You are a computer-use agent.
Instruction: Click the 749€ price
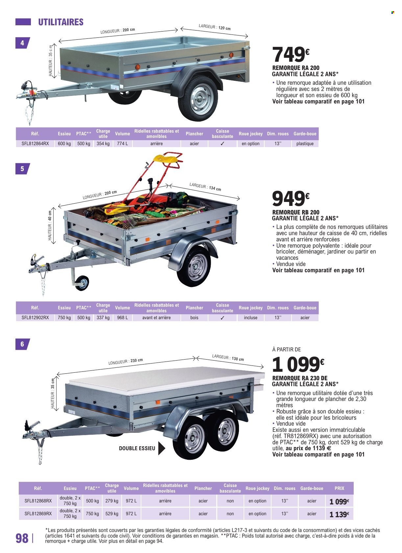pos(291,55)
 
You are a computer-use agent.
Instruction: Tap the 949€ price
pos(291,199)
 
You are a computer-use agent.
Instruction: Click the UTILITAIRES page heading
pos(61,22)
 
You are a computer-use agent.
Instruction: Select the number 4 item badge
pos(22,43)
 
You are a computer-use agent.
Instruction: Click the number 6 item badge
pos(22,344)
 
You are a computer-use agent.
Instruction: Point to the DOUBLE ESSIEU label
pos(137,448)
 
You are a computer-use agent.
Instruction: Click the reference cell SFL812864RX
pos(35,144)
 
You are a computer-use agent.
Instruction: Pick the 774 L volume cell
pos(123,144)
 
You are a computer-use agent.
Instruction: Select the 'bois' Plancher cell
pos(194,318)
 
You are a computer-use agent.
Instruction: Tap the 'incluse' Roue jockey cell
pos(250,318)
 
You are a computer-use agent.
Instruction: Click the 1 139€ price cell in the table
pos(339,515)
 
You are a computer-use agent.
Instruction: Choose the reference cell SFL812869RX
pos(38,514)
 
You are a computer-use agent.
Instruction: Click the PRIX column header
pos(340,488)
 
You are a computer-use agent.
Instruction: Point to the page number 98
pos(22,539)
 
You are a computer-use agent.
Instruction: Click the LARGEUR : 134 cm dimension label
pos(205,187)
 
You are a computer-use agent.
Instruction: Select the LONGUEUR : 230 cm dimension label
pos(126,362)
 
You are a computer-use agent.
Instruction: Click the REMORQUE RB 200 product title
pos(296,212)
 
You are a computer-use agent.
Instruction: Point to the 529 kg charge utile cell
pos(112,514)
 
